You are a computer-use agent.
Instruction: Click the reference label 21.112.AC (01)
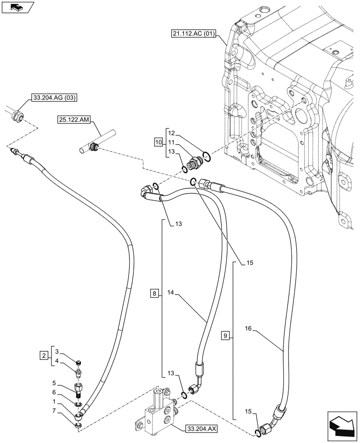pos(193,35)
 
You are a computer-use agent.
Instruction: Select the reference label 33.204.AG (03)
pos(54,98)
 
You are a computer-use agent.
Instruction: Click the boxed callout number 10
pos(158,142)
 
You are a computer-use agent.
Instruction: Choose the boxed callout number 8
pos(154,294)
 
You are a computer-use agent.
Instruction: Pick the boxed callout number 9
pos(225,336)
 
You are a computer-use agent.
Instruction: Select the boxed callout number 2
pos(44,355)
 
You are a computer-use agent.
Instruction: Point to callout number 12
pos(172,132)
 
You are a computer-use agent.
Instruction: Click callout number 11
pos(172,142)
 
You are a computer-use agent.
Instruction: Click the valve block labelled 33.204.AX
pos(158,407)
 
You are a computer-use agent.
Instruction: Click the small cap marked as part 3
pos(79,362)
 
